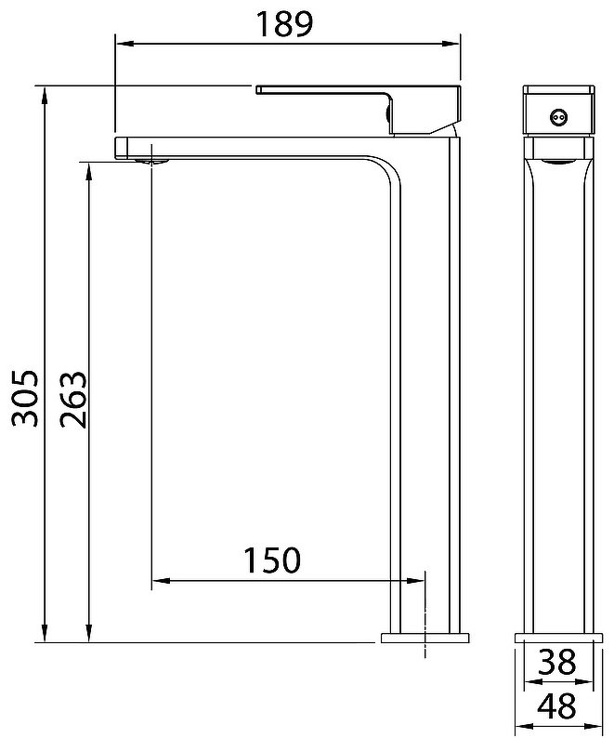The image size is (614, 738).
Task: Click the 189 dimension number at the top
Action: tap(284, 24)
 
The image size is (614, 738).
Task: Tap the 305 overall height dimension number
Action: tap(24, 398)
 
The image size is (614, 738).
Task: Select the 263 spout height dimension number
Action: tap(73, 400)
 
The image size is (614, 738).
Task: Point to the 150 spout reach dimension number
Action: tap(272, 560)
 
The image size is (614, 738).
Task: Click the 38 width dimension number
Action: tap(556, 661)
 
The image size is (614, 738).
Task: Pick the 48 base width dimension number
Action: tap(556, 705)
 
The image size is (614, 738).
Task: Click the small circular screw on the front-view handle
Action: tap(558, 117)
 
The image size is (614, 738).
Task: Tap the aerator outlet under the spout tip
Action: tap(151, 162)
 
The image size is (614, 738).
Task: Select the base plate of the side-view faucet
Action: tap(558, 638)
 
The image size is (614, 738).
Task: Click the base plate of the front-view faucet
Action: tap(425, 638)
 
